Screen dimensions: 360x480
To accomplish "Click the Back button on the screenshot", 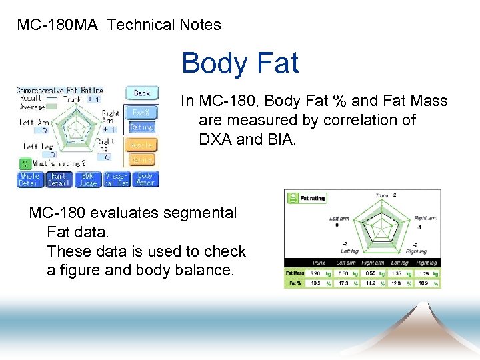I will click(142, 93).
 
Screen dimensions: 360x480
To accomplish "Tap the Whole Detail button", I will click(30, 179).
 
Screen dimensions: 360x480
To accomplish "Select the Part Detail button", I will click(59, 179).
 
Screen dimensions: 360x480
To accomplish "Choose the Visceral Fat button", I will click(117, 179).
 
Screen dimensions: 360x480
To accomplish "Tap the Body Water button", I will click(145, 179).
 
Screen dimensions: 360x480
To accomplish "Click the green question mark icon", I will click(25, 163).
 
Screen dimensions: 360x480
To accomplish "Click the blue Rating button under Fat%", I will click(141, 127).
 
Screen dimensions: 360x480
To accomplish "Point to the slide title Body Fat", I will click(239, 63).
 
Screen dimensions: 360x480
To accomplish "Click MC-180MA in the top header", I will click(57, 25).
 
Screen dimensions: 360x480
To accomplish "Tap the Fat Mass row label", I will click(295, 273).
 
